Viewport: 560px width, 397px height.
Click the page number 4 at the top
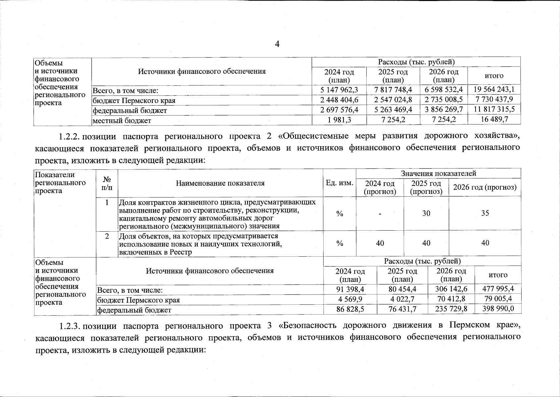(277, 44)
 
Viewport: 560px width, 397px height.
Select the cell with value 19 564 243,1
(494, 89)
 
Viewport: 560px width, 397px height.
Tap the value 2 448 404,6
(339, 100)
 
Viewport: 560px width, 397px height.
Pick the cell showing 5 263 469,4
(393, 110)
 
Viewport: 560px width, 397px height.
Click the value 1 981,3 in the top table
(339, 120)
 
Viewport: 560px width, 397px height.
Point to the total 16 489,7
(494, 119)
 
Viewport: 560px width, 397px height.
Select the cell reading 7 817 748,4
(393, 89)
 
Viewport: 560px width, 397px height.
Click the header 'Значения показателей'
(438, 173)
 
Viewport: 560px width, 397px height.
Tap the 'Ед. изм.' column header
(339, 183)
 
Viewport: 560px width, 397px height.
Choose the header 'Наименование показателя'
(220, 183)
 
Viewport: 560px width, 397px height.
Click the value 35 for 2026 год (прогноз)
(485, 213)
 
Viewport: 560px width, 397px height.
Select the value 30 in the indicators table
(426, 213)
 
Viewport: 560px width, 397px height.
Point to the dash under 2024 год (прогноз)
(380, 214)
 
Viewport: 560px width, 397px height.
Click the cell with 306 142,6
(451, 289)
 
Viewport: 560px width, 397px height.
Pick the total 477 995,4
(498, 289)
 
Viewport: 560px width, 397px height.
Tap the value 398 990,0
(498, 309)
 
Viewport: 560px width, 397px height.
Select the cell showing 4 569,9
(350, 299)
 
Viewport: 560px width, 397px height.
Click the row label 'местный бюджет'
(122, 121)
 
